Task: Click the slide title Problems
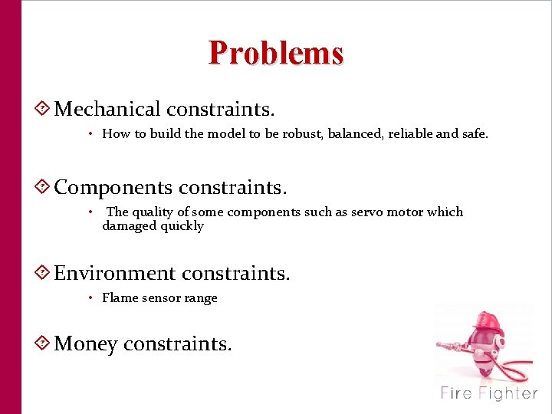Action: point(276,53)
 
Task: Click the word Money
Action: point(85,344)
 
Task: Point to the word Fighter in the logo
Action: point(508,393)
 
